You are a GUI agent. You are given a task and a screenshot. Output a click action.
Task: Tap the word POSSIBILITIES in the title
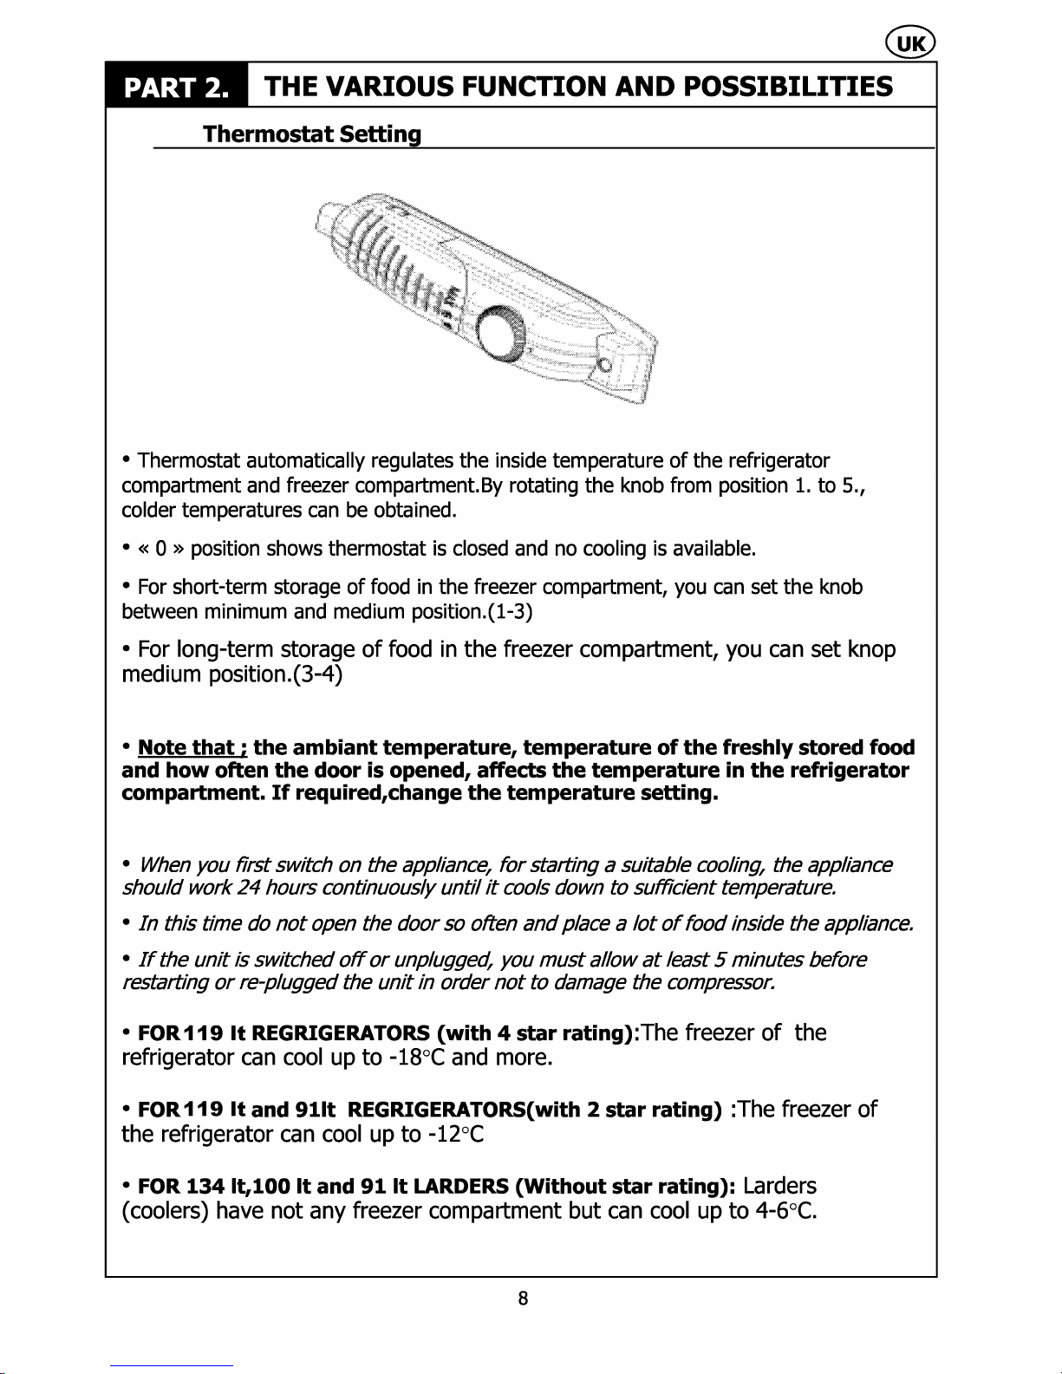787,86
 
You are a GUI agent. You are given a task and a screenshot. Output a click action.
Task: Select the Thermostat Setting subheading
312,134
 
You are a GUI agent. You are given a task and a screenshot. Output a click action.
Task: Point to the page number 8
523,1298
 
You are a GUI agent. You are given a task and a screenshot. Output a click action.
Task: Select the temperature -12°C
456,1134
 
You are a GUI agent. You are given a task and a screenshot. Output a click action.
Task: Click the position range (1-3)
510,612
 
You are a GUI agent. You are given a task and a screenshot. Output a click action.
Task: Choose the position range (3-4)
318,674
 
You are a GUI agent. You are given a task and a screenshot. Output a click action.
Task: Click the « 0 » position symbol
160,549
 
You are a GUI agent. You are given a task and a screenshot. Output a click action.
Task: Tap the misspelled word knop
871,649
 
